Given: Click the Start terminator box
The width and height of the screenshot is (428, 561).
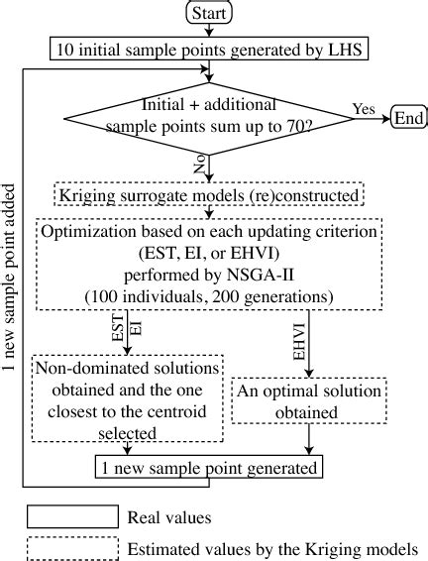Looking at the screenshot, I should (x=209, y=13).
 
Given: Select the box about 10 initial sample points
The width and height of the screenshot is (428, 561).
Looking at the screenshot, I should (x=209, y=47).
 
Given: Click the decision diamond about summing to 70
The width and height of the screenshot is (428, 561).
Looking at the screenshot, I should (x=209, y=116).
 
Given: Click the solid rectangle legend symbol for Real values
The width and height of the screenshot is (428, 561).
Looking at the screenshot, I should (x=70, y=517).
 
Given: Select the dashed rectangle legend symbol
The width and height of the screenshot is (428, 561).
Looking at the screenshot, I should (x=70, y=548).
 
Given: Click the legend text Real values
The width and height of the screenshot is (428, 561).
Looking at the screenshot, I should (x=169, y=517).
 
